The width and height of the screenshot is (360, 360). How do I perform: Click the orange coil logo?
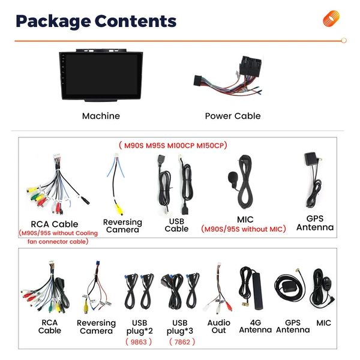click(x=331, y=19)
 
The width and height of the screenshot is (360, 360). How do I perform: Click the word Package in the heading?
click(x=53, y=22)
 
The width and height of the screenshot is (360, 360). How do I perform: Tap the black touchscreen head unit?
click(x=101, y=76)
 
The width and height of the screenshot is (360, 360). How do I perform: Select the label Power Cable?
click(x=233, y=116)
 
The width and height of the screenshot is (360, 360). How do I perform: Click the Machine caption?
click(x=101, y=116)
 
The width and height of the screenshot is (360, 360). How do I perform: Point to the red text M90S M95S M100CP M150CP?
click(x=173, y=146)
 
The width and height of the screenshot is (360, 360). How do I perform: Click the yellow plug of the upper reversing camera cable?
click(x=119, y=209)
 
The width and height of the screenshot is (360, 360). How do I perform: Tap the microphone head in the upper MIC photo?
click(x=232, y=178)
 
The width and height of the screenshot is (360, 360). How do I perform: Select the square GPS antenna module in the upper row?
click(x=311, y=158)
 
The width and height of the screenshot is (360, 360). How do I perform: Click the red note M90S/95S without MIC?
click(x=244, y=229)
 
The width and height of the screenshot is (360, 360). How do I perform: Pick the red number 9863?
click(x=139, y=342)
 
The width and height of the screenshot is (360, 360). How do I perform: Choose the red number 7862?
click(x=182, y=342)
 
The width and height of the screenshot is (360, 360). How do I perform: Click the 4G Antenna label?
click(x=256, y=326)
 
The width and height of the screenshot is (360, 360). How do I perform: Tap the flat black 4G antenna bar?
click(x=258, y=291)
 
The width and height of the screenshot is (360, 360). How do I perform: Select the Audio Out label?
click(x=218, y=326)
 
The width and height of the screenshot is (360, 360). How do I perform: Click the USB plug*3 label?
click(x=180, y=327)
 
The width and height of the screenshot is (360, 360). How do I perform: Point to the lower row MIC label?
click(x=323, y=323)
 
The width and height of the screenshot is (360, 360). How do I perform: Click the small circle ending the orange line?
click(x=344, y=41)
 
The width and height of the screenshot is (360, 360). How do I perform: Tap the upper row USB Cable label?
click(x=176, y=225)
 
